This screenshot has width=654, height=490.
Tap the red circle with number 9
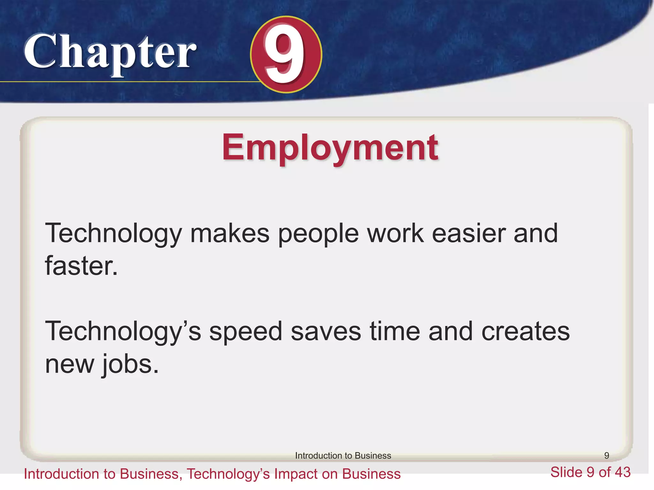(286, 55)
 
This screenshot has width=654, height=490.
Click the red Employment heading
(330, 147)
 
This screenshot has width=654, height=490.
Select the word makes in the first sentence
(230, 234)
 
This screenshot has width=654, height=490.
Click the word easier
(469, 234)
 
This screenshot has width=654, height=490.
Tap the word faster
(81, 266)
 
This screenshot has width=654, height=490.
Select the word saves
(326, 332)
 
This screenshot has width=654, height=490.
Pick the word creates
(525, 332)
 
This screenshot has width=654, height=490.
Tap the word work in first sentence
(395, 234)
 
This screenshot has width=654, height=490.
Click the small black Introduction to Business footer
(343, 456)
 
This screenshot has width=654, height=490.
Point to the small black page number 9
(606, 456)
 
